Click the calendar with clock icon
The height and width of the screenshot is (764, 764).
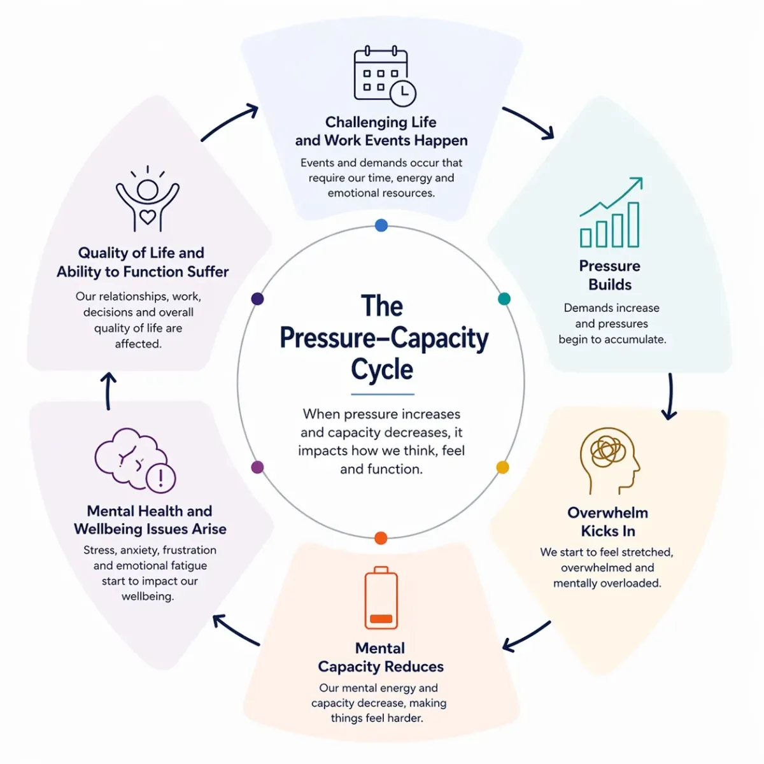383,75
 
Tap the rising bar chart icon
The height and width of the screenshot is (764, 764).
610,213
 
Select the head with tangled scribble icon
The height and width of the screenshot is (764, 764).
609,460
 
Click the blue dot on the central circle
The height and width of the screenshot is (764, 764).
381,225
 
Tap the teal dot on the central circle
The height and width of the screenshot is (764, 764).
504,299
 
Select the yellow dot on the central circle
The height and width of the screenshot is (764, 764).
502,467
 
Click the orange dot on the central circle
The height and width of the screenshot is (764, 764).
381,538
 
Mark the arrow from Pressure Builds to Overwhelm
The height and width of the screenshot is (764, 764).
669,396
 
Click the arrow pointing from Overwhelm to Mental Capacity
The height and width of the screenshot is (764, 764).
526,636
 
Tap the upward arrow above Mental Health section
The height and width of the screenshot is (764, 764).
109,391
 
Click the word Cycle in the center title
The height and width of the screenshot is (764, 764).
382,369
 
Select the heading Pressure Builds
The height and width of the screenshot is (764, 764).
610,275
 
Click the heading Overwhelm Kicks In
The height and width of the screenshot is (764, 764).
607,521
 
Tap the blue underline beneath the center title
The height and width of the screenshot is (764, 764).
382,395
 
